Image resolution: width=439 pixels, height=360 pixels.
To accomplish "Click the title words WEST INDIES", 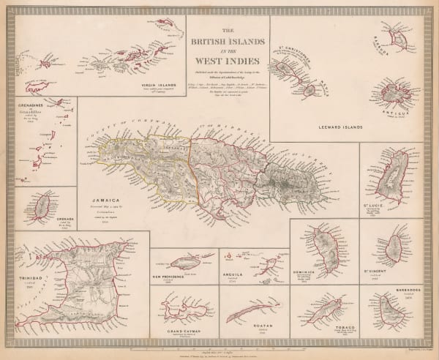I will click(227, 54).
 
